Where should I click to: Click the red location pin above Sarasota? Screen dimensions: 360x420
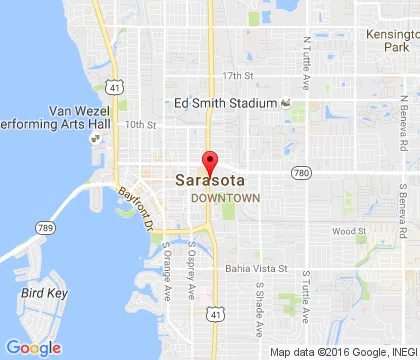coord(209,161)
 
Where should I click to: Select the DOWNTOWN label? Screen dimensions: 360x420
coord(225,198)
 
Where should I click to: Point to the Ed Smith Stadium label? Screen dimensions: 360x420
coord(224,102)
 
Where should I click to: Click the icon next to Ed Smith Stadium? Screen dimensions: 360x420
coord(285,102)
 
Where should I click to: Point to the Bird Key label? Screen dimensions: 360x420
coord(40,294)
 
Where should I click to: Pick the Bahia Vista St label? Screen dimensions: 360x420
coord(256,269)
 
